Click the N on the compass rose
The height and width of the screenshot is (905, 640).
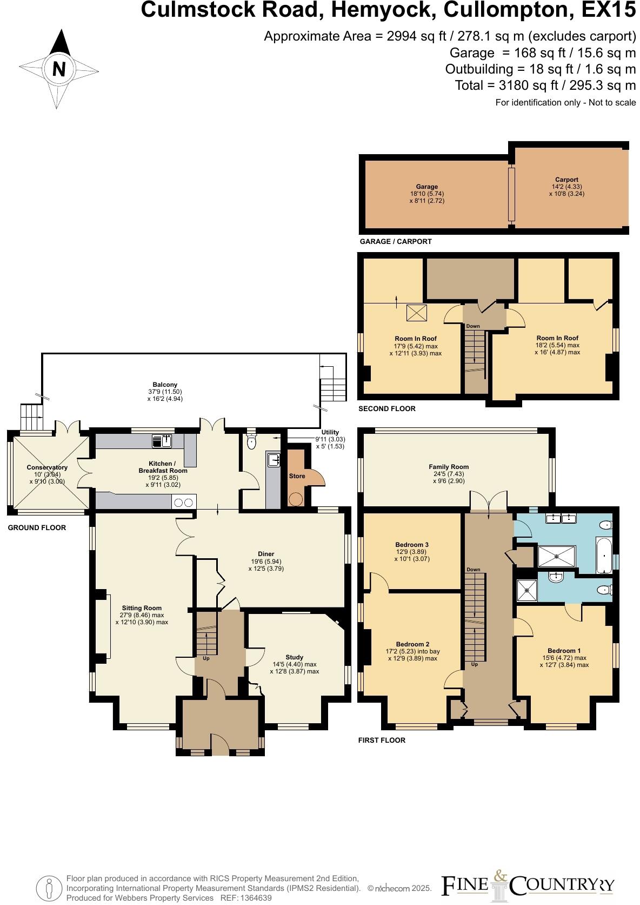coord(59,69)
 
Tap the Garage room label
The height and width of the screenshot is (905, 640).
coord(426,187)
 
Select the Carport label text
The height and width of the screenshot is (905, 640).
coord(566,180)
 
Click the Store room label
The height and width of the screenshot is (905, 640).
coord(297,476)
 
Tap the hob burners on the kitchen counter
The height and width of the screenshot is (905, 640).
coord(183,503)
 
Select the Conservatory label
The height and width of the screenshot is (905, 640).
coord(47,467)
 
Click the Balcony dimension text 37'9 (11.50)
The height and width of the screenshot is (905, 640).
coord(164,392)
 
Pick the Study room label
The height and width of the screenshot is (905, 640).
coord(294,657)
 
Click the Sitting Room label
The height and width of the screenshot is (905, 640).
coord(142,608)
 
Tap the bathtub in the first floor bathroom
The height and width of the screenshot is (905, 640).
coord(604,554)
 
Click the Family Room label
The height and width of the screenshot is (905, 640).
coord(449,467)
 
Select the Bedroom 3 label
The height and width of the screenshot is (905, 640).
coord(412,545)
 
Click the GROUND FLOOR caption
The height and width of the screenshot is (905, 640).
coord(37,527)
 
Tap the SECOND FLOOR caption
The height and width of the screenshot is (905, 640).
coord(387,408)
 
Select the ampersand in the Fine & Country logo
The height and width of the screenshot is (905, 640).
coord(500,875)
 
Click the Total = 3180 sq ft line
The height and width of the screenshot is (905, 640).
coord(545,85)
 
